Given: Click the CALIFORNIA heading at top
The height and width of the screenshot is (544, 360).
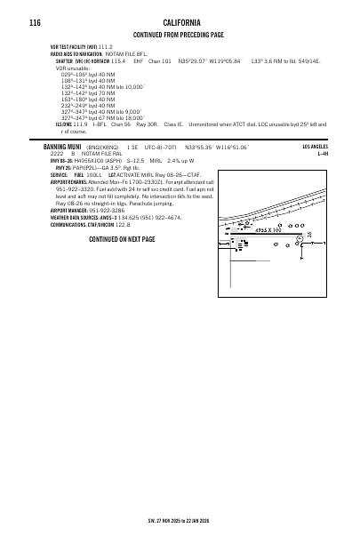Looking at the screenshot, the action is [181, 22].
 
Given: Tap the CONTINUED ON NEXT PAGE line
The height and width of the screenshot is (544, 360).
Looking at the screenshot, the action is [122, 240].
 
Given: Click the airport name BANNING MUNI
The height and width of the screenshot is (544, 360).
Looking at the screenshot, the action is [63, 147].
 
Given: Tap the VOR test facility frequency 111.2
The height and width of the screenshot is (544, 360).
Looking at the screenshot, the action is [106, 46].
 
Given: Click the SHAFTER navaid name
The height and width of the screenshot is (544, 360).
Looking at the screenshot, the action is [66, 61].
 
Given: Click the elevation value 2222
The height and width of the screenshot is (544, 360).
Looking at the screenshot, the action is [56, 154].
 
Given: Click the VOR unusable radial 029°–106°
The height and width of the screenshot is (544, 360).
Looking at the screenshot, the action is [75, 74].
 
